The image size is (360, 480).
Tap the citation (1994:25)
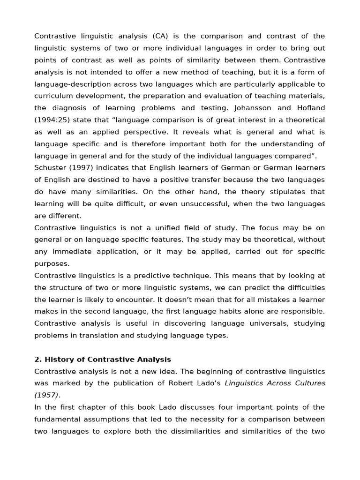point(52,120)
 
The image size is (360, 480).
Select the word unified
point(166,228)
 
